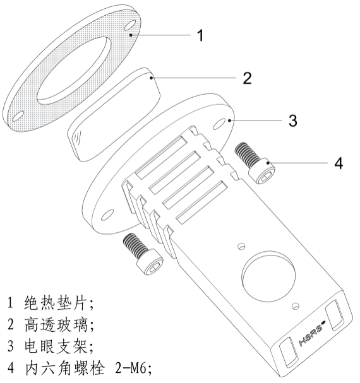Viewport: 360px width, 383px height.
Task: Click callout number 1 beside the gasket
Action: [x=200, y=35]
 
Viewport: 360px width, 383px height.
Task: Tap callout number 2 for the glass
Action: [x=247, y=78]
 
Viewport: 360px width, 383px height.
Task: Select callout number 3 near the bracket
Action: [x=293, y=121]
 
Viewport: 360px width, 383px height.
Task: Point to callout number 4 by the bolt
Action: [x=339, y=163]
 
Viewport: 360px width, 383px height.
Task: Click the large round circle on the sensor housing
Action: [x=268, y=276]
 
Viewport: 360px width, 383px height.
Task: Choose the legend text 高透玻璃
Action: [x=56, y=324]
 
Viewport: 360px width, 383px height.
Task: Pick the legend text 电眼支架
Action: [x=56, y=346]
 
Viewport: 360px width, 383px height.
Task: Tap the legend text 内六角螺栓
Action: [x=65, y=368]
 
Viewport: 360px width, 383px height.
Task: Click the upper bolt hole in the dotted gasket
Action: [x=129, y=25]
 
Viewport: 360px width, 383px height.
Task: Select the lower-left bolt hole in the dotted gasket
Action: [x=18, y=116]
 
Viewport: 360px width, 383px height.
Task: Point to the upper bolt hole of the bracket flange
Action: [x=219, y=124]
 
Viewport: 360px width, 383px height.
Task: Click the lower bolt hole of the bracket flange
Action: [x=107, y=215]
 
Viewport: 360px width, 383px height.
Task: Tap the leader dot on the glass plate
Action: [x=152, y=78]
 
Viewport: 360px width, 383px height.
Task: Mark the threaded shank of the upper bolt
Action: [x=246, y=154]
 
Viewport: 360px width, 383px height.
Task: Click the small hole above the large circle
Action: [x=241, y=246]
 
